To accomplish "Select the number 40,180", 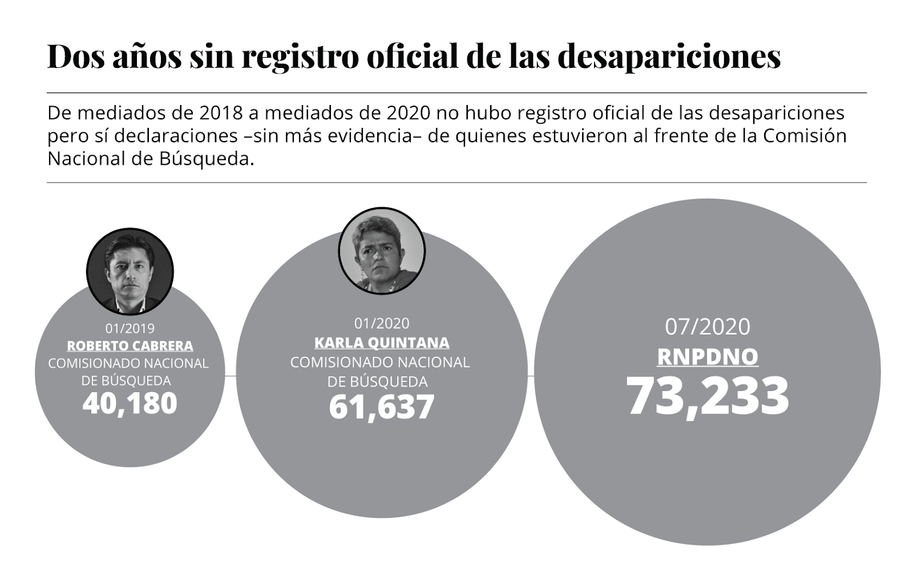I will pyautogui.click(x=130, y=403).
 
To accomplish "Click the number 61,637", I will pyautogui.click(x=382, y=407).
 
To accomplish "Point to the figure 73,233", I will pyautogui.click(x=708, y=396).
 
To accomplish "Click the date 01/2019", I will pyautogui.click(x=130, y=328).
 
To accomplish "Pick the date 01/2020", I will pyautogui.click(x=382, y=324).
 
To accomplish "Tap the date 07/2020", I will pyautogui.click(x=708, y=327).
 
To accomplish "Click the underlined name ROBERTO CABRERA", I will pyautogui.click(x=130, y=346).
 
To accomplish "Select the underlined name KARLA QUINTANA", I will pyautogui.click(x=382, y=343).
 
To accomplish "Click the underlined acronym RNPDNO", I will pyautogui.click(x=708, y=357).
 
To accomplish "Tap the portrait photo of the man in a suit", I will pyautogui.click(x=130, y=272).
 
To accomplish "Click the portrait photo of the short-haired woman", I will pyautogui.click(x=382, y=251).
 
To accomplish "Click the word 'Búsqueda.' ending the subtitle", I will pyautogui.click(x=203, y=159).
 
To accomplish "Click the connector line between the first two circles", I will pyautogui.click(x=231, y=376).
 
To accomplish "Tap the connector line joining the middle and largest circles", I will pyautogui.click(x=531, y=376).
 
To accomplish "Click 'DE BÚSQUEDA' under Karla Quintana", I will pyautogui.click(x=378, y=381).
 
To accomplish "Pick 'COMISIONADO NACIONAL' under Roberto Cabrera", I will pyautogui.click(x=128, y=363).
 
